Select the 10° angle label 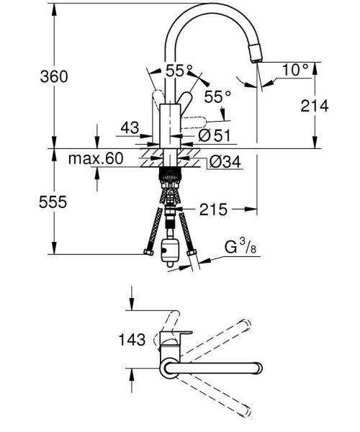coord(295,70)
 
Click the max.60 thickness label coord(96,158)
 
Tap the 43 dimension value coord(130,127)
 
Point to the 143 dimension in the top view coord(131,339)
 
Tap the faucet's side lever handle coord(197,118)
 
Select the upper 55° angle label coord(179,71)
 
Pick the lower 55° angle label coord(217,95)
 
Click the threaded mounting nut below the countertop coord(171,174)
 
